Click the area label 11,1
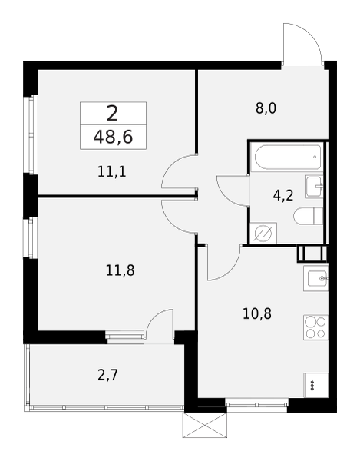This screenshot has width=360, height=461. point(111,171)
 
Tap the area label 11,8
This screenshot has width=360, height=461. point(120,270)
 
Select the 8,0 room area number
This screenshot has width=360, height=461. point(266,108)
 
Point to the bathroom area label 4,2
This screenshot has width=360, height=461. point(282,194)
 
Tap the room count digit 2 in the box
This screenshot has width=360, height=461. point(112,114)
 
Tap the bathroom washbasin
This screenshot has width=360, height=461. point(314,186)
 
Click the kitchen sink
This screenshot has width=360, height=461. point(316,277)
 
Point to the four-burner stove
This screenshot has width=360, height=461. point(315,328)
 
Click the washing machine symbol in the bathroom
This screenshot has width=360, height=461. point(265,231)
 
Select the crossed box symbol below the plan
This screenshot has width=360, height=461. point(205,425)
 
